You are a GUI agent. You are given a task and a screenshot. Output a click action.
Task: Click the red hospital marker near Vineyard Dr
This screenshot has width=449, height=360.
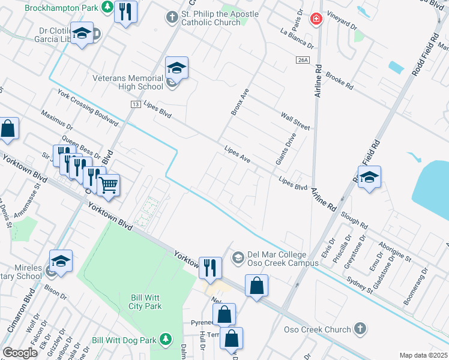pyautogui.click(x=315, y=20)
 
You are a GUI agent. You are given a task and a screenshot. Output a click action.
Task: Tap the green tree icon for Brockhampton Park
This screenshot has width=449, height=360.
pyautogui.click(x=107, y=7)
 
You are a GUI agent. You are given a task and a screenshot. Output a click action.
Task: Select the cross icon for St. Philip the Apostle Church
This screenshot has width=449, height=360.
pyautogui.click(x=172, y=17)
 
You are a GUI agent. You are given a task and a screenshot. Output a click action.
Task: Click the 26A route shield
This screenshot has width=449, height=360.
pyautogui.click(x=302, y=59)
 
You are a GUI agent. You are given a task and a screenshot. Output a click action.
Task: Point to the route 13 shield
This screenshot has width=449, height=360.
pyautogui.click(x=137, y=104)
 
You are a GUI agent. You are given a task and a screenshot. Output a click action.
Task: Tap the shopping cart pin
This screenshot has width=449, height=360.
pyautogui.click(x=109, y=185)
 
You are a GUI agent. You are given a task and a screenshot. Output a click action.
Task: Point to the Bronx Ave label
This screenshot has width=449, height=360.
pyautogui.click(x=240, y=101)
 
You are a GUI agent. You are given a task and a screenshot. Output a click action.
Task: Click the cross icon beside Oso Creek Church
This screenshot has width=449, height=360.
pyautogui.click(x=360, y=329)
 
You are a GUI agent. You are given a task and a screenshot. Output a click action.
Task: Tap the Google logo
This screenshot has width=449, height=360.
pyautogui.click(x=20, y=353)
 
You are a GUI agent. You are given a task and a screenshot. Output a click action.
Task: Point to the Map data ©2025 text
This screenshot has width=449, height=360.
pyautogui.click(x=423, y=355)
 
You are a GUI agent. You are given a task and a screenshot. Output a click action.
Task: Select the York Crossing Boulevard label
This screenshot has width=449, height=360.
pyautogui.click(x=88, y=109)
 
